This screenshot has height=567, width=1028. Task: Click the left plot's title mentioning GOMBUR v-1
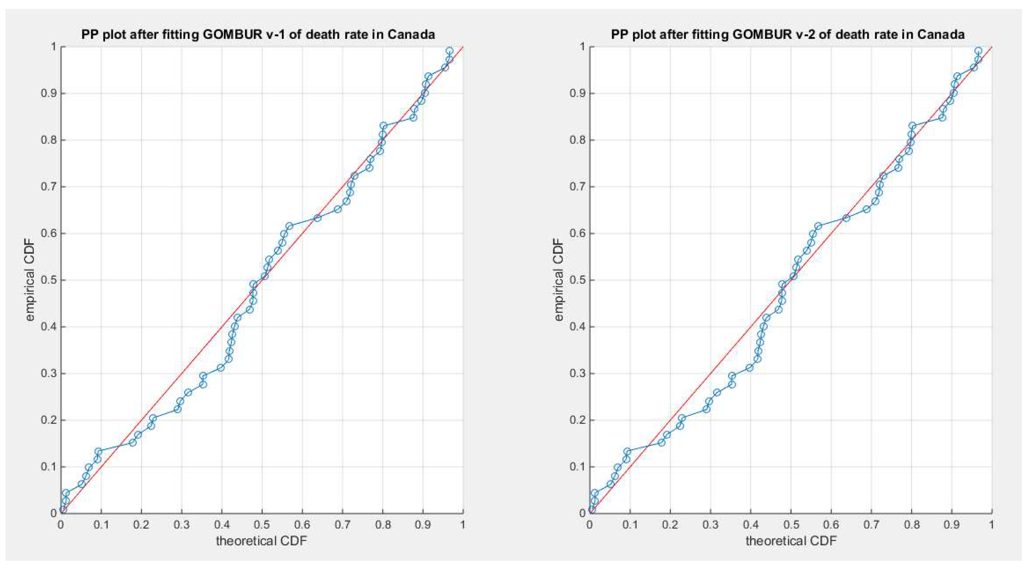click(x=258, y=34)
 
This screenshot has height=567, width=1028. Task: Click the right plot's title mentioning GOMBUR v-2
click(x=787, y=34)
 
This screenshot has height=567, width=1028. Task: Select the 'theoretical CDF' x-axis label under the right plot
click(x=791, y=541)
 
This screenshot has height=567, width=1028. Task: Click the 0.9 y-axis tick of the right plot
click(x=578, y=93)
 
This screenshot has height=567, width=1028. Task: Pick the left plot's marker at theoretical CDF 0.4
click(x=220, y=367)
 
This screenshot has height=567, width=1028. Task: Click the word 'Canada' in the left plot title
click(x=411, y=34)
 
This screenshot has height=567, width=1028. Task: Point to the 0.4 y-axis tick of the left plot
click(x=49, y=327)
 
